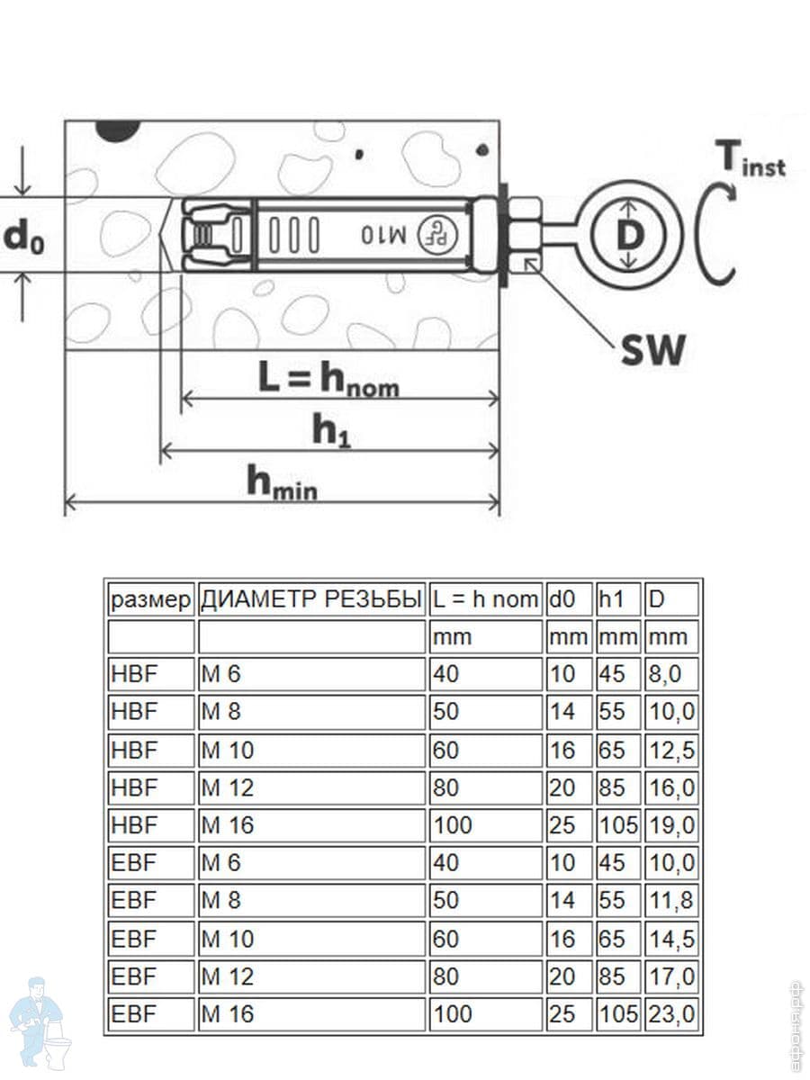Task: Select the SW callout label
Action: (x=652, y=349)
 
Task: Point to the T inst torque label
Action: (x=750, y=159)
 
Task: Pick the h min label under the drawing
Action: (x=282, y=483)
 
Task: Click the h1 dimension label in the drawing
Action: (x=331, y=432)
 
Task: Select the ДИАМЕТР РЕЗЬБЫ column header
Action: (x=311, y=598)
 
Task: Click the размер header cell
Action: (x=150, y=598)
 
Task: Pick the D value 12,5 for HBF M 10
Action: (x=671, y=750)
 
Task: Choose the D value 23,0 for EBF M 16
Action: (x=671, y=1014)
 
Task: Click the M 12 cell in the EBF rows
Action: (x=228, y=976)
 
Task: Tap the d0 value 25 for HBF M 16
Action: (x=562, y=825)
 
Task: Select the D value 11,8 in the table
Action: (x=671, y=901)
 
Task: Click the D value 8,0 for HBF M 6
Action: (x=667, y=674)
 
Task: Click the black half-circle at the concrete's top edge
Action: (x=120, y=129)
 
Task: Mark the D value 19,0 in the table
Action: (x=671, y=825)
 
